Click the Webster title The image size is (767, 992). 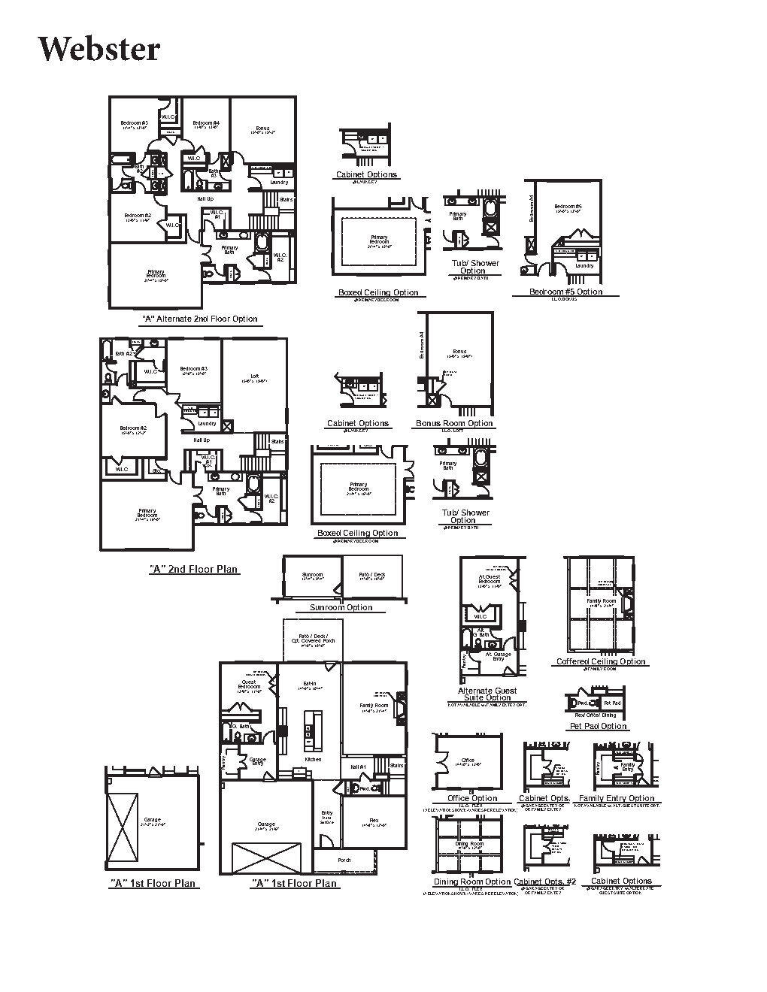tap(99, 50)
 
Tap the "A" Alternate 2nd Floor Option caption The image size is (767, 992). tap(200, 319)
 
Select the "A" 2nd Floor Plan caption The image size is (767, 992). tap(194, 569)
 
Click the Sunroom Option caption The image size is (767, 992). tap(341, 607)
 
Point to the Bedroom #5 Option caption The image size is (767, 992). tap(565, 292)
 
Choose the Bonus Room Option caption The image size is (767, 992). tap(454, 423)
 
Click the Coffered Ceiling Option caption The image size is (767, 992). tap(601, 661)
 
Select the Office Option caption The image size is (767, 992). tap(472, 798)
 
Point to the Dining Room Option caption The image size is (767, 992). tap(472, 882)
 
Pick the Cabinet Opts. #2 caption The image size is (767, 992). tap(544, 882)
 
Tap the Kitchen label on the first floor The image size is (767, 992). tap(312, 759)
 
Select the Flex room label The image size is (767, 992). tap(374, 821)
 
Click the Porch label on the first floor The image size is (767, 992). tap(344, 860)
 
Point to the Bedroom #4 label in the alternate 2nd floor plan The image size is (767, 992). tap(205, 123)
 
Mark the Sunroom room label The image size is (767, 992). tap(311, 575)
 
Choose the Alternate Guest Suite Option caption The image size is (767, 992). tap(487, 694)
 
